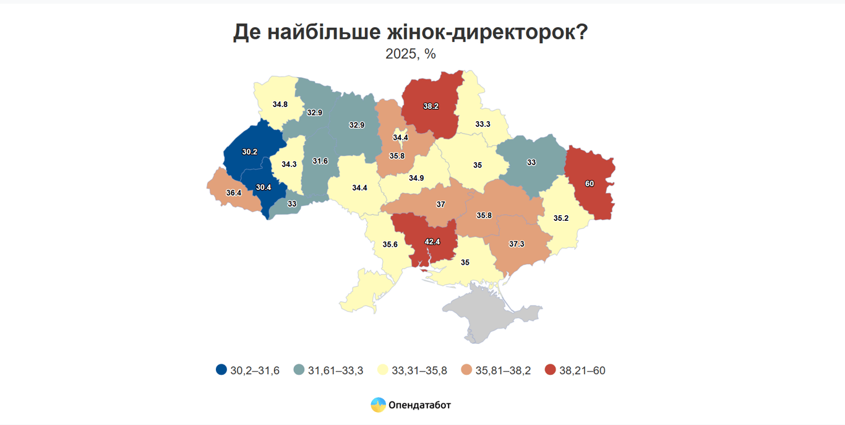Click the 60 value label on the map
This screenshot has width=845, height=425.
[590, 184]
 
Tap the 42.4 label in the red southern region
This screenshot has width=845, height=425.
[432, 242]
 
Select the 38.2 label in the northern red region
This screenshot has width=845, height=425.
[431, 106]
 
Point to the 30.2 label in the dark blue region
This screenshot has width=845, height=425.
[250, 152]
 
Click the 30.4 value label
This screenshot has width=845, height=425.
[264, 187]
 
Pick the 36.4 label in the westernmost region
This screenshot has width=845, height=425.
[234, 193]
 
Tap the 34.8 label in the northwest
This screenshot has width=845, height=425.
[280, 105]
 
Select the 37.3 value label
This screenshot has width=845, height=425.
[517, 244]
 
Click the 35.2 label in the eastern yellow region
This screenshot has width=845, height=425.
[561, 218]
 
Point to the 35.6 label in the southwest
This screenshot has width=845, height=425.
[390, 244]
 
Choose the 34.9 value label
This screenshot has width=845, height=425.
[416, 178]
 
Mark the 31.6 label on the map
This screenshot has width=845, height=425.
[320, 161]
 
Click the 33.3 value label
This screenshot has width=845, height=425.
[483, 124]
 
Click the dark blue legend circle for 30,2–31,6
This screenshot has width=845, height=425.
[221, 371]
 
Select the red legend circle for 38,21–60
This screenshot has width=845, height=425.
[551, 371]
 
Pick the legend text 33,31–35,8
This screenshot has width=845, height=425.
[421, 371]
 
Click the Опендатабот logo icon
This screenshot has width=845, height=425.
[378, 405]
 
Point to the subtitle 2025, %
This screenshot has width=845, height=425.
[411, 54]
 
